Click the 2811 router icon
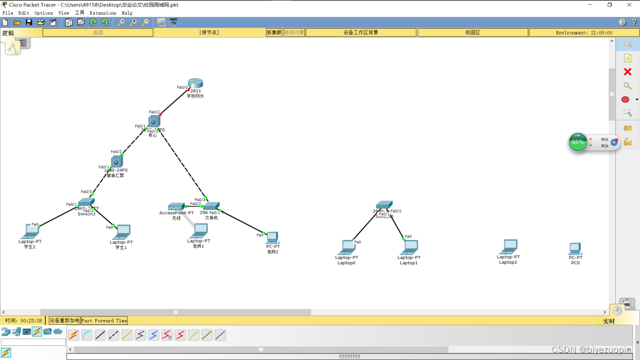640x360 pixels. (x=195, y=83)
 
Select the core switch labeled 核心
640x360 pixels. (x=154, y=121)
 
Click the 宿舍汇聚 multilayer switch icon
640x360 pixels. (x=116, y=161)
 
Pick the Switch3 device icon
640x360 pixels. (x=86, y=203)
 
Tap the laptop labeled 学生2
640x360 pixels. (x=30, y=231)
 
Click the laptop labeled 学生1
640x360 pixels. (x=122, y=231)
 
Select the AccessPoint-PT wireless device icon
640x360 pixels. (x=176, y=207)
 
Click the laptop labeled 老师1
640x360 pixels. (x=199, y=230)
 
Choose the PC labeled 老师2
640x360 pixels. (x=272, y=237)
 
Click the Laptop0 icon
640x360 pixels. (x=347, y=247)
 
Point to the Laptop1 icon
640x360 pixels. (x=409, y=247)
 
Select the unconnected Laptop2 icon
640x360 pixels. (x=508, y=247)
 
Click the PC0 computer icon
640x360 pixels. (x=575, y=248)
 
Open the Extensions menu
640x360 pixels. (x=103, y=13)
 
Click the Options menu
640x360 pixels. (x=43, y=13)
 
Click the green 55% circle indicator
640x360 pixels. (x=578, y=142)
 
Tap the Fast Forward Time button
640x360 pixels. (x=104, y=321)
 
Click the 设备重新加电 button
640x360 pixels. (x=64, y=321)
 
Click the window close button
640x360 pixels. (x=629, y=5)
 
